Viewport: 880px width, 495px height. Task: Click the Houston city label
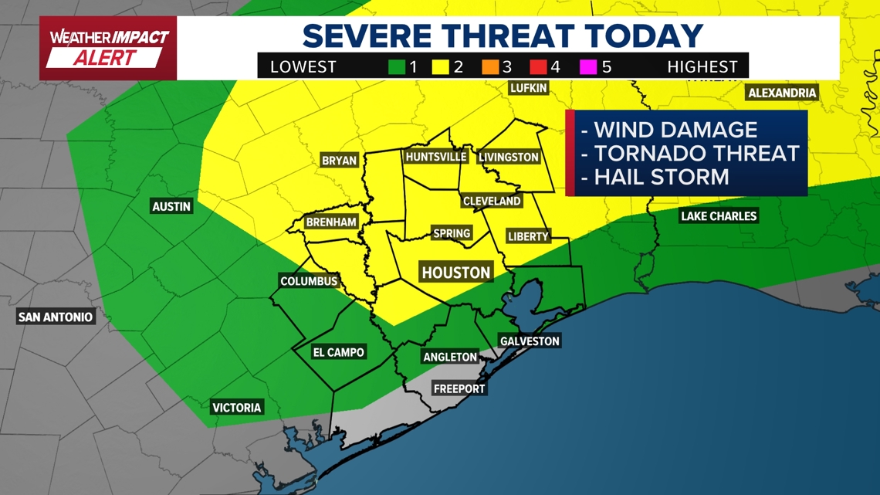pyautogui.click(x=455, y=273)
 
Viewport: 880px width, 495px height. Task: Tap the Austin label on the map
pyautogui.click(x=171, y=207)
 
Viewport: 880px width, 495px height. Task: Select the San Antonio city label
pyautogui.click(x=56, y=317)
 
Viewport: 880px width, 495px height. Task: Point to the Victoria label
pyautogui.click(x=237, y=408)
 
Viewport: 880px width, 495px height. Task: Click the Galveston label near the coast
pyautogui.click(x=530, y=341)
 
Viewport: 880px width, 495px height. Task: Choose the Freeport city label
pyautogui.click(x=459, y=389)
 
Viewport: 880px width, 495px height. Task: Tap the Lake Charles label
pyautogui.click(x=718, y=216)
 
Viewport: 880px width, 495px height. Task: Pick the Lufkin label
pyautogui.click(x=529, y=88)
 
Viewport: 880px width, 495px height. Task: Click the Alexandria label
pyautogui.click(x=782, y=93)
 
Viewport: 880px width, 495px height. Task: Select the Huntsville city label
pyautogui.click(x=436, y=157)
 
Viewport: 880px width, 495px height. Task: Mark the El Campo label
pyautogui.click(x=338, y=352)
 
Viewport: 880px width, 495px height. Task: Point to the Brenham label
pyautogui.click(x=331, y=222)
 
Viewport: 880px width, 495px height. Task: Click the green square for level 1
pyautogui.click(x=397, y=67)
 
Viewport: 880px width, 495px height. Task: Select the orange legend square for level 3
pyautogui.click(x=490, y=67)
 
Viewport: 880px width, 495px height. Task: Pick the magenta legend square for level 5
pyautogui.click(x=589, y=67)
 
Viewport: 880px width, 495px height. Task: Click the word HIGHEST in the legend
pyautogui.click(x=702, y=67)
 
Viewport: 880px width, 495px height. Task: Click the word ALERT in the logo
pyautogui.click(x=106, y=58)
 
